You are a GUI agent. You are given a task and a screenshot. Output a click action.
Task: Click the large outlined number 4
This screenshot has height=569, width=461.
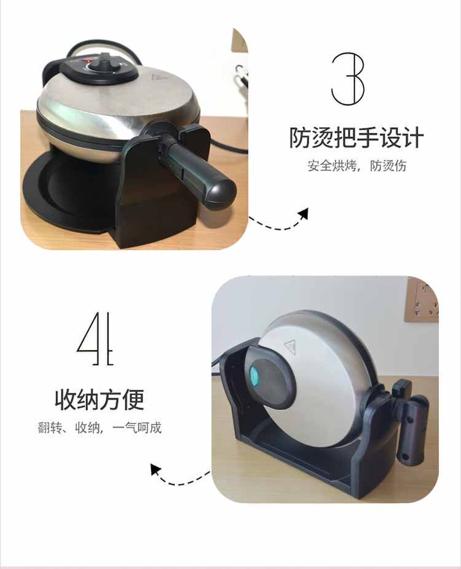[95, 338]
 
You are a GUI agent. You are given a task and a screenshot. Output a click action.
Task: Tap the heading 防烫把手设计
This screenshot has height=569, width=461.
[357, 138]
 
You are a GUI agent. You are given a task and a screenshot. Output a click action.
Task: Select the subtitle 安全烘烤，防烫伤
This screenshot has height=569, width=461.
[357, 166]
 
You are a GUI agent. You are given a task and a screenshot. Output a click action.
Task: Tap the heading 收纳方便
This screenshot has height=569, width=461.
[100, 399]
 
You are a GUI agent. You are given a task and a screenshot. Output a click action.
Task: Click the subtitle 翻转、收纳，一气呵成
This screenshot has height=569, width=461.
[100, 428]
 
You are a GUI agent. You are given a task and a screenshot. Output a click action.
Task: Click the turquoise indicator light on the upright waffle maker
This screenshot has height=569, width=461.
[254, 376]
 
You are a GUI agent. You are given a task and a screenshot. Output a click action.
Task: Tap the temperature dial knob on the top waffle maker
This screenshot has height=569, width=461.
[104, 64]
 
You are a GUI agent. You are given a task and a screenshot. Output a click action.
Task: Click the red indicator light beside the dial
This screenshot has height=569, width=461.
[87, 60]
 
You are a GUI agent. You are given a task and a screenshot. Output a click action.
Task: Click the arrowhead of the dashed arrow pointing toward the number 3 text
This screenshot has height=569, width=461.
[303, 213]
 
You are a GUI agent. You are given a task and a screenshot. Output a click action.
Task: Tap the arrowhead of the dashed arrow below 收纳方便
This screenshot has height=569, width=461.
[156, 469]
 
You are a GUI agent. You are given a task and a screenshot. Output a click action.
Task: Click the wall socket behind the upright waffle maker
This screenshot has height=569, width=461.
[422, 300]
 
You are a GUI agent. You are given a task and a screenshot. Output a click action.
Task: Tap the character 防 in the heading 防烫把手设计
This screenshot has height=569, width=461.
[300, 138]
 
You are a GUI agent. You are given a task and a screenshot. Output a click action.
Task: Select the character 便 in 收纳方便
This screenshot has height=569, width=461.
[133, 399]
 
